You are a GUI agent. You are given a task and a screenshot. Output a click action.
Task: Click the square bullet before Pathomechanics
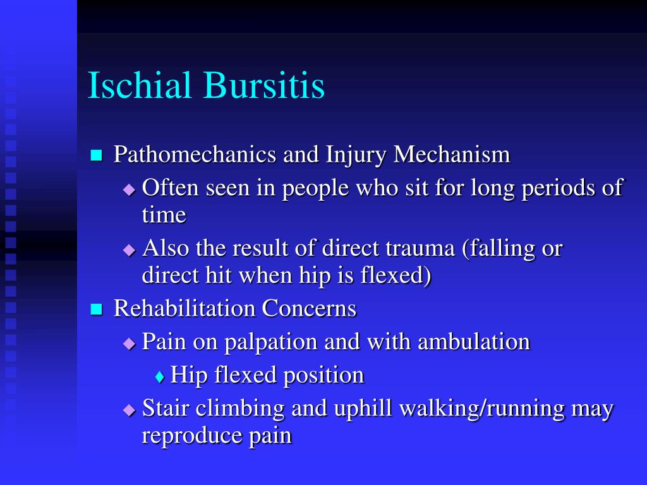96,155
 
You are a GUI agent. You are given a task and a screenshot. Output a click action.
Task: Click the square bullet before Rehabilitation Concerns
96,309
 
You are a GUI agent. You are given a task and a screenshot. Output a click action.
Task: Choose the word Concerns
310,309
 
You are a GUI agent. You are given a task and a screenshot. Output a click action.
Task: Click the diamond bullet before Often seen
129,189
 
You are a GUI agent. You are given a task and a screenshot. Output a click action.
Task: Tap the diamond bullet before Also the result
129,249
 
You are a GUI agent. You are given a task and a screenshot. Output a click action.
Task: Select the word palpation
271,342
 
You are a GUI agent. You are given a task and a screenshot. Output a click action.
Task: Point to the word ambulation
473,342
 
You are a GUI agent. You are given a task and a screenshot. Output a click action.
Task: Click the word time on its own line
164,215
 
